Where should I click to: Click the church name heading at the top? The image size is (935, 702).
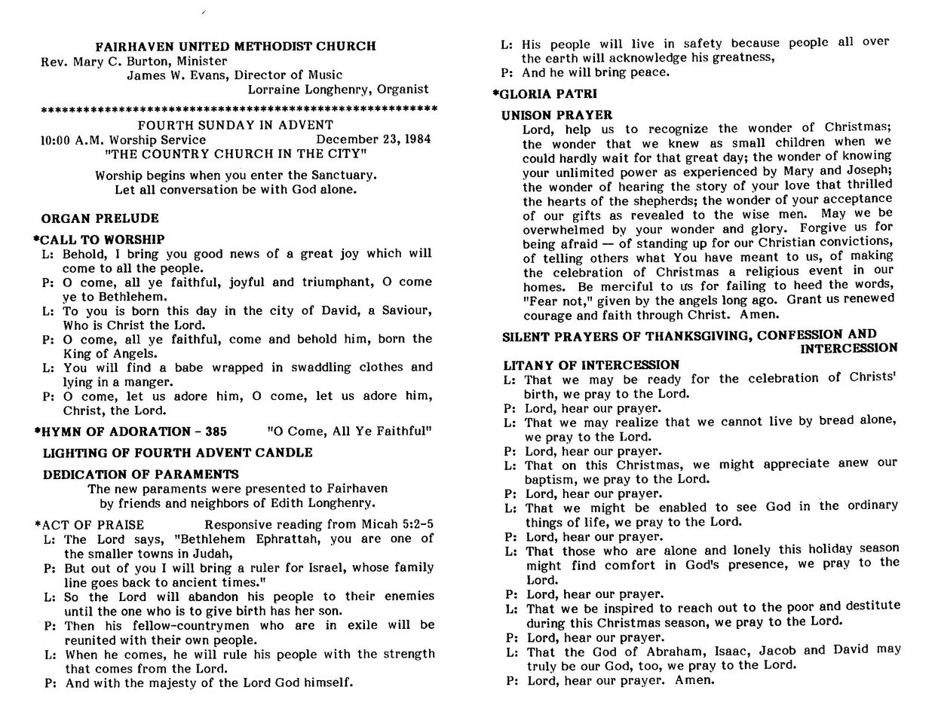tap(236, 47)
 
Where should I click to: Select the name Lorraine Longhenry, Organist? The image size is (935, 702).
tap(338, 89)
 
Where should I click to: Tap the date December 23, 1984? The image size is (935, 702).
tap(373, 140)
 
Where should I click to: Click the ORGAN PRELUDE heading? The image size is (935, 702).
tap(100, 218)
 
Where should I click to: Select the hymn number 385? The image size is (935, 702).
tap(216, 432)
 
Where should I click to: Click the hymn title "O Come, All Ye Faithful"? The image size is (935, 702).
tap(349, 432)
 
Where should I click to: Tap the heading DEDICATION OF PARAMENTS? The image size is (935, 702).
tap(140, 475)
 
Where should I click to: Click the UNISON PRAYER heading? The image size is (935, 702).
tap(557, 115)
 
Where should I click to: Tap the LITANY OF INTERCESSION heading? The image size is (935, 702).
tap(592, 365)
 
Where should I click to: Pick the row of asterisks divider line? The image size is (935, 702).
tap(238, 110)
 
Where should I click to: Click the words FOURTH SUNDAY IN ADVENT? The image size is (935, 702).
tap(235, 125)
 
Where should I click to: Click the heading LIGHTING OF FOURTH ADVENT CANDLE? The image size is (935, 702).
tap(177, 453)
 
